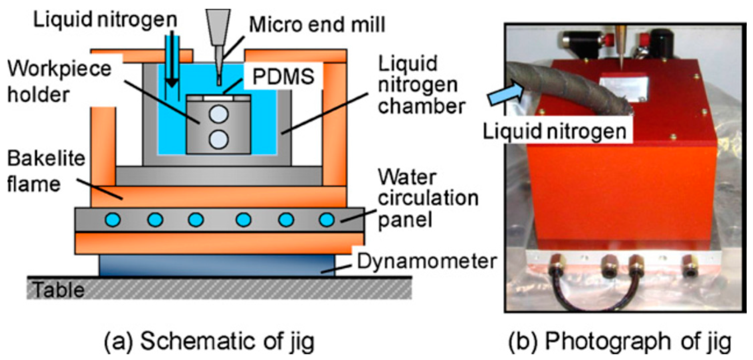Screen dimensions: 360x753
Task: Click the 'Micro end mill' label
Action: tap(317, 25)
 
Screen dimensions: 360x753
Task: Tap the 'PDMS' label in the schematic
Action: tap(283, 77)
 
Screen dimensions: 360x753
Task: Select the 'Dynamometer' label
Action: tap(427, 261)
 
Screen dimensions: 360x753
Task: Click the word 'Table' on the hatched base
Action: tap(59, 290)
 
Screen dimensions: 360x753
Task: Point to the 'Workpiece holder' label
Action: tap(59, 82)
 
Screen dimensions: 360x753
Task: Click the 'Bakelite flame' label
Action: tap(46, 171)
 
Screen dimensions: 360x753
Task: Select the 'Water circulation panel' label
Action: tap(428, 198)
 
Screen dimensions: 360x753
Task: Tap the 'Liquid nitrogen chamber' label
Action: tap(421, 85)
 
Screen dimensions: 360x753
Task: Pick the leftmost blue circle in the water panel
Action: tap(113, 220)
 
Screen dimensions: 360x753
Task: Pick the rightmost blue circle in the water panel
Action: tap(327, 220)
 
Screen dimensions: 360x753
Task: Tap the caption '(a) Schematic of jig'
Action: tap(210, 341)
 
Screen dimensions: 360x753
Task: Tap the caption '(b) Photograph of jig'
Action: tap(620, 341)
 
